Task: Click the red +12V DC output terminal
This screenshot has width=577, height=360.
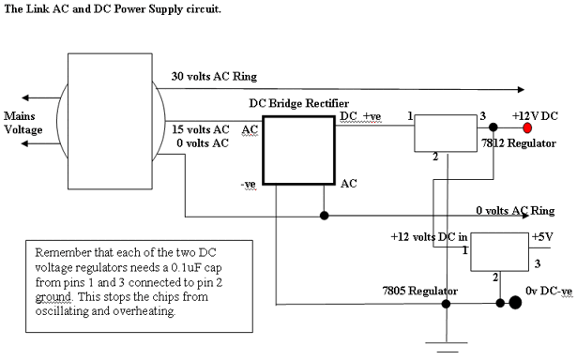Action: click(527, 127)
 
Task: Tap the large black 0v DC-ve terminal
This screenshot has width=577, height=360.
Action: click(515, 303)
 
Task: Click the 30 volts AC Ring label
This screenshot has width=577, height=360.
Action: click(214, 77)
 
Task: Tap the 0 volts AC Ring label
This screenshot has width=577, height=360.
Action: click(515, 210)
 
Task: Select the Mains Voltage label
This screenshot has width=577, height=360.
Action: click(23, 123)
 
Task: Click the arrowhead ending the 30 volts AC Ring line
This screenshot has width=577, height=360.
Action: click(521, 89)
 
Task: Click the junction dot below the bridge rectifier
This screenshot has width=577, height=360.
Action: click(325, 216)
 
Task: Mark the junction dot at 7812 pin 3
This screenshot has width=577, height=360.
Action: click(493, 127)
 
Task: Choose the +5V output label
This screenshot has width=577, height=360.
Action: click(542, 237)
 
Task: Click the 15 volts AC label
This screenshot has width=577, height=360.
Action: click(201, 129)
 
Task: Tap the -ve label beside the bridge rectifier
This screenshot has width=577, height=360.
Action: click(248, 184)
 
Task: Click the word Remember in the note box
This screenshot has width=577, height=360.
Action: click(63, 252)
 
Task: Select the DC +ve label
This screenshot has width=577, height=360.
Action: click(360, 116)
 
